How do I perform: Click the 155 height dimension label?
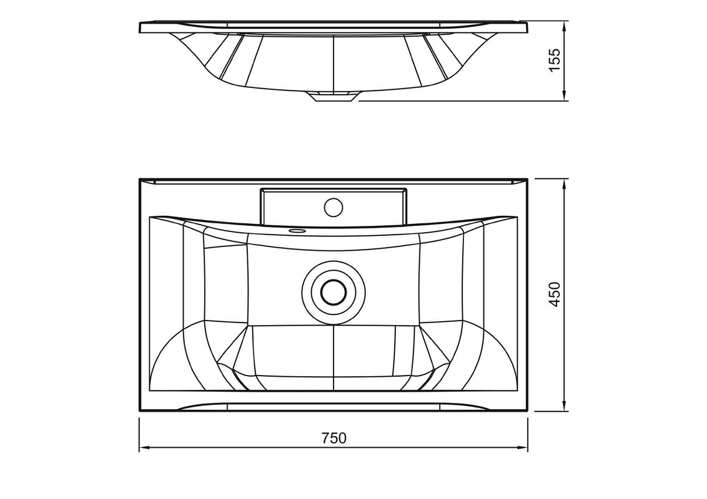click(554, 59)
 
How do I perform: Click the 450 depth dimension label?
click(554, 294)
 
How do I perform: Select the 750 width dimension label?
click(334, 438)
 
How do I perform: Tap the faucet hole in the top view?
click(334, 206)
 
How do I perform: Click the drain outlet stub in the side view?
click(334, 97)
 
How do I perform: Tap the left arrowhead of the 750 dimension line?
click(144, 448)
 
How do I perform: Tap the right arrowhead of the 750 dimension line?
click(523, 448)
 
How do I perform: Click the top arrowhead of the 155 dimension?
click(564, 26)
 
